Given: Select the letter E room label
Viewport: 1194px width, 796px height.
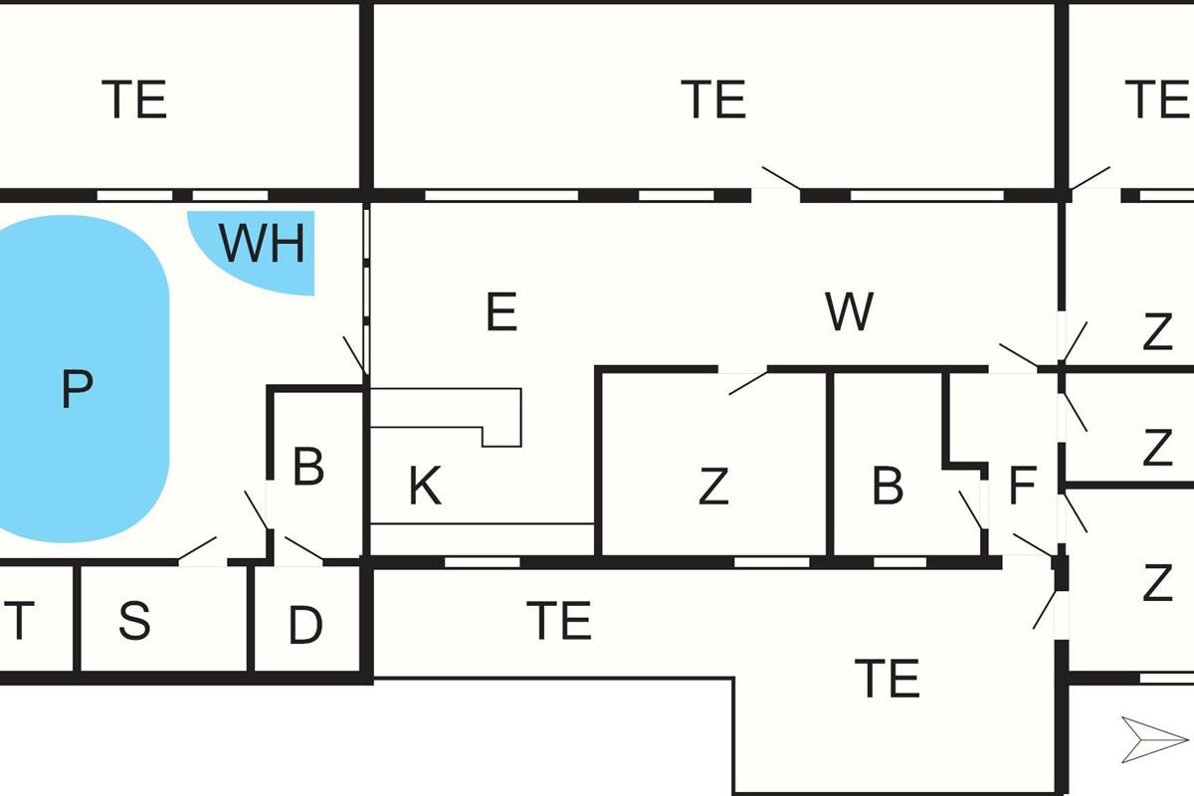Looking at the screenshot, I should pyautogui.click(x=501, y=312).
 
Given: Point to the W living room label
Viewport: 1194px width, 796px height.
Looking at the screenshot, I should pyautogui.click(x=849, y=312).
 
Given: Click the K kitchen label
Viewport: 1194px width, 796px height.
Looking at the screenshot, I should pyautogui.click(x=425, y=487).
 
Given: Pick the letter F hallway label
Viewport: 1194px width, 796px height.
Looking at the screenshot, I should pyautogui.click(x=1022, y=487).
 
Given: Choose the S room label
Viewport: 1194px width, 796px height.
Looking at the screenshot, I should pyautogui.click(x=134, y=621).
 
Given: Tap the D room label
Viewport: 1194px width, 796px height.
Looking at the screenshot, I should pyautogui.click(x=305, y=626).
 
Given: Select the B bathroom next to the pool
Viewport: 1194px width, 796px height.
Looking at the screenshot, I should pyautogui.click(x=308, y=467).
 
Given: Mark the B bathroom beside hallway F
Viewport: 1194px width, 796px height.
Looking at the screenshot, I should pyautogui.click(x=888, y=487).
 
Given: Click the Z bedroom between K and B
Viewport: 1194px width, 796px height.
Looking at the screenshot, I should pyautogui.click(x=712, y=487).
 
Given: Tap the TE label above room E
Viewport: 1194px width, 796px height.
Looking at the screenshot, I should pyautogui.click(x=713, y=99).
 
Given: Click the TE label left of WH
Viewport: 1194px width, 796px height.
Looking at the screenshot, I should pyautogui.click(x=134, y=99).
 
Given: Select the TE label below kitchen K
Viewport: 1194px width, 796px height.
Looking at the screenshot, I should pyautogui.click(x=559, y=621).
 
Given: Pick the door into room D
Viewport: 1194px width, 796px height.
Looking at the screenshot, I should pyautogui.click(x=303, y=549).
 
